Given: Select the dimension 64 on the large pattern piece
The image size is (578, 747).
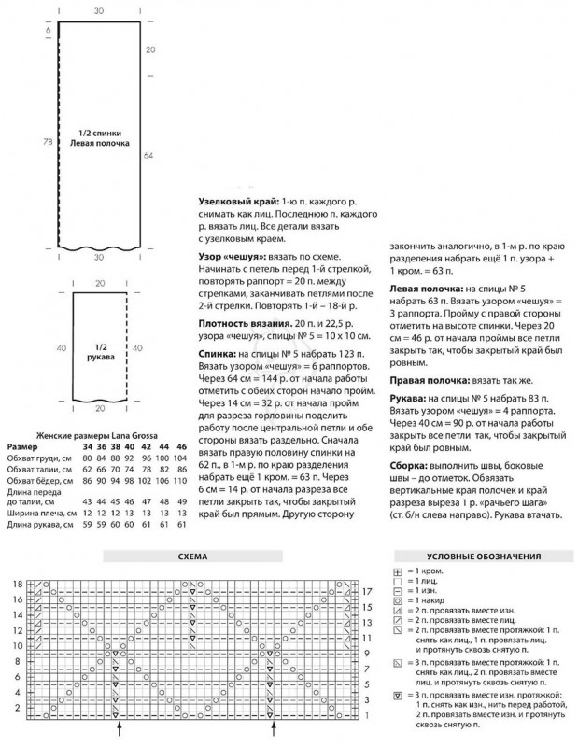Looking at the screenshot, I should [149, 158].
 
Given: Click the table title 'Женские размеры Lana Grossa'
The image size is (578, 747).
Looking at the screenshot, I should [98, 436].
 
